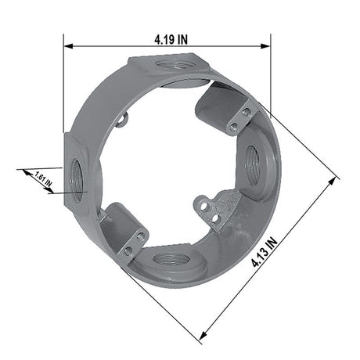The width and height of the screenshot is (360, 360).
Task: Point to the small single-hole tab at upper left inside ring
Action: click(x=121, y=120)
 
